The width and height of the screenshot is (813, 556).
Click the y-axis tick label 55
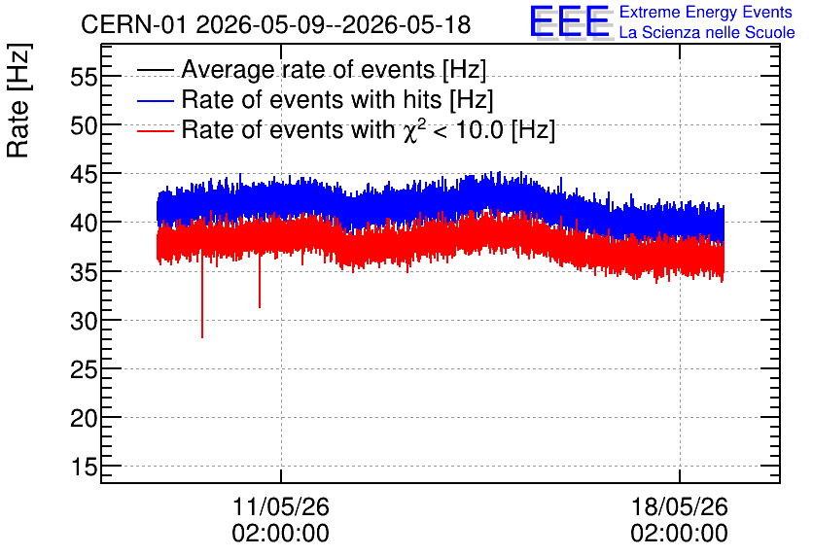84,78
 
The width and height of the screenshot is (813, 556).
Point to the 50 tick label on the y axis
84,126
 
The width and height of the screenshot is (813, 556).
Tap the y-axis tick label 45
84,175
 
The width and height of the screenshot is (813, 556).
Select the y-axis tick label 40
84,224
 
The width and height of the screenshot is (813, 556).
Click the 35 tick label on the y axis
84,272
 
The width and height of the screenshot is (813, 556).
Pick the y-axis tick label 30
84,322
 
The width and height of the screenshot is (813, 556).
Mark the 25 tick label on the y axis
84,370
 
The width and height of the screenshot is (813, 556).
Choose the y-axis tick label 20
84,419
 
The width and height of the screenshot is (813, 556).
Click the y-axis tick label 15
84,468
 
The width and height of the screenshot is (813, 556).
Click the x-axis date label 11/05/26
280,506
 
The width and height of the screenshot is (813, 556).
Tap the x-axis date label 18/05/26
679,506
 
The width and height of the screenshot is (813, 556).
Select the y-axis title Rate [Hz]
18,100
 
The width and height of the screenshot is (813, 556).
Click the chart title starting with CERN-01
276,24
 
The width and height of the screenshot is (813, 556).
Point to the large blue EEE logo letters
570,21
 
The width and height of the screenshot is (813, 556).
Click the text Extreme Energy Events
706,12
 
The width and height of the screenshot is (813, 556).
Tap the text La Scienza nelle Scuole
707,32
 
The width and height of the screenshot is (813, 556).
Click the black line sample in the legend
155,70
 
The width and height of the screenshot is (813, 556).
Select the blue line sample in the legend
155,100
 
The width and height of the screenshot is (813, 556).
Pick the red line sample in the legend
155,130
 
